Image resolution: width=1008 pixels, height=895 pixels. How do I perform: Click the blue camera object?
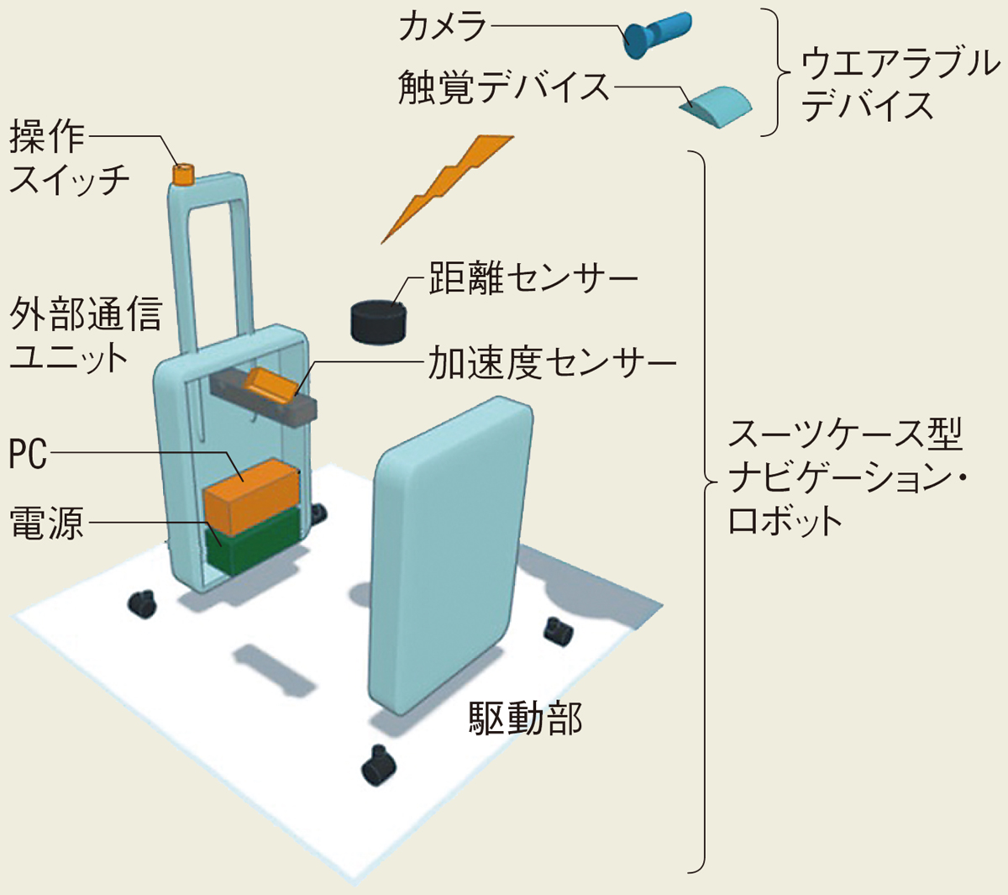click(655, 34)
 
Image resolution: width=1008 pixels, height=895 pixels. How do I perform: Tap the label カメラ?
click(443, 27)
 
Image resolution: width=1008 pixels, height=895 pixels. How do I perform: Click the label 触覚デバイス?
click(504, 87)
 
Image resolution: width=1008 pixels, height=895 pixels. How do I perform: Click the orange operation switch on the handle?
click(183, 174)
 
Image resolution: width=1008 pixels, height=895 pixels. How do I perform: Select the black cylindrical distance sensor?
click(378, 321)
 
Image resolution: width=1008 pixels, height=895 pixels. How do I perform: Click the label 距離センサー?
click(533, 279)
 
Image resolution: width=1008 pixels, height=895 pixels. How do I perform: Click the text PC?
click(28, 455)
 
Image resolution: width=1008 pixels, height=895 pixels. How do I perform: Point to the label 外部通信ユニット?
click(84, 335)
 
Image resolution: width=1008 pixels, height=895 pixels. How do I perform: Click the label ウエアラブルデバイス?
click(899, 84)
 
